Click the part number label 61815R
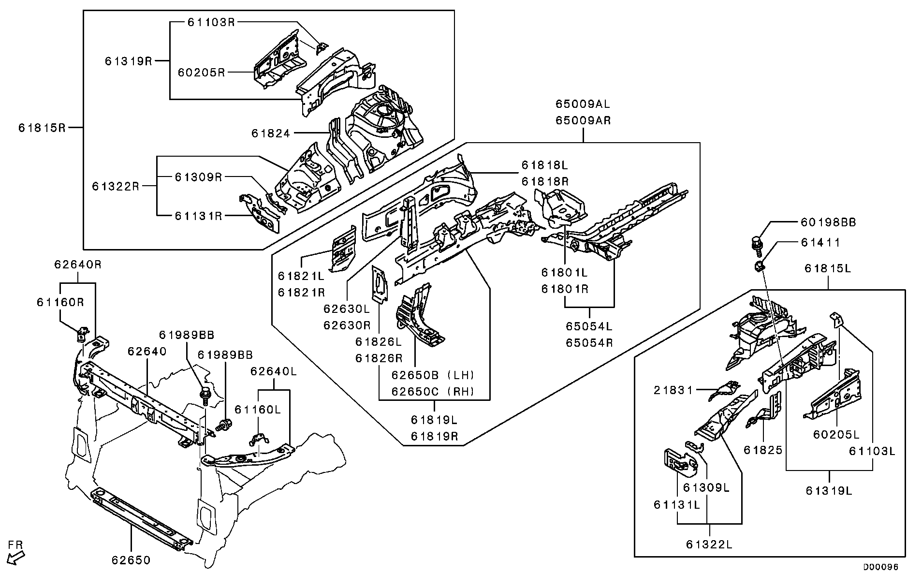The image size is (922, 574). point(42,128)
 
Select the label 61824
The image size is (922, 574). point(271,133)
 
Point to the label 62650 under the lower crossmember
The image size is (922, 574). point(131,560)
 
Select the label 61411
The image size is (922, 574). point(820,242)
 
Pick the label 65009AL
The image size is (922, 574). point(582,104)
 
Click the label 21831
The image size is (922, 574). point(673,390)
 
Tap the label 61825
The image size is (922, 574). point(763,451)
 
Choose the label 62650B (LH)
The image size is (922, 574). point(433,375)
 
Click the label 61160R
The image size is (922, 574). point(60,303)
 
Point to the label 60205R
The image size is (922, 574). point(201,73)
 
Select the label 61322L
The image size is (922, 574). point(709,545)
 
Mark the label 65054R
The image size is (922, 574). point(589,343)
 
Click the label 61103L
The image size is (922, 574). point(872,451)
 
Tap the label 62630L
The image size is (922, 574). point(346,309)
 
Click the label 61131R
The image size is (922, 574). point(198,216)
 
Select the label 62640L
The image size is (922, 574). point(274,371)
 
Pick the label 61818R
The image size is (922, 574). point(544,182)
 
